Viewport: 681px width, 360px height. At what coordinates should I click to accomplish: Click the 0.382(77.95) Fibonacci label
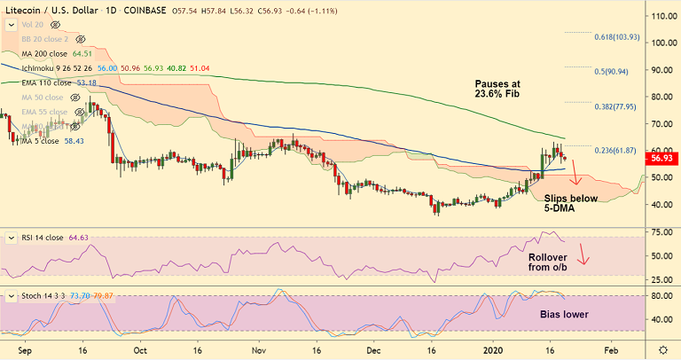[x=616, y=106]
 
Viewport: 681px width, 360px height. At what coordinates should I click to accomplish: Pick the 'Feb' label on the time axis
[x=611, y=349]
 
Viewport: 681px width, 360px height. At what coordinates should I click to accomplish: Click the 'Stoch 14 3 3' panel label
[x=35, y=293]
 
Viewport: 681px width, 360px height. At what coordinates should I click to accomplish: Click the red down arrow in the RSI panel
[x=583, y=256]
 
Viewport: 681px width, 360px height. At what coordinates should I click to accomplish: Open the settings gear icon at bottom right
[x=663, y=349]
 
